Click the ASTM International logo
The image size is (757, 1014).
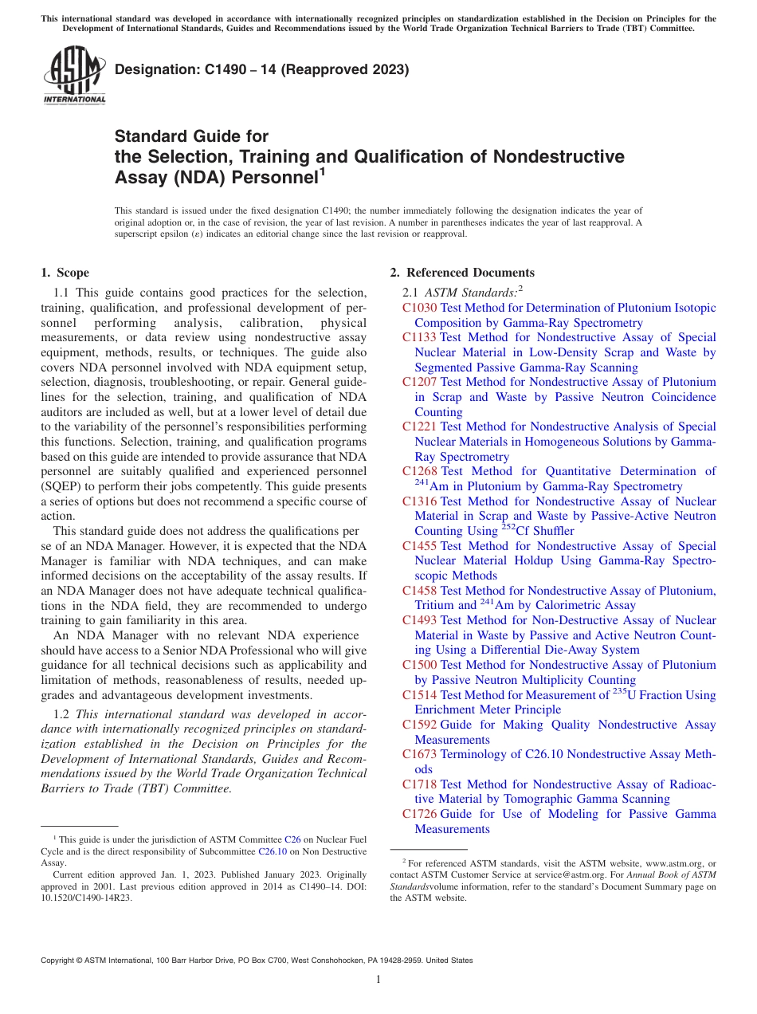point(74,75)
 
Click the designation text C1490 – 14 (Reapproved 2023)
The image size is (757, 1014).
point(261,69)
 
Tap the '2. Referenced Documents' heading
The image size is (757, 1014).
point(461,273)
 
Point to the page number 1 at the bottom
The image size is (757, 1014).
point(378,980)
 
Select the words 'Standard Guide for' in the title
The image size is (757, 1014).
point(191,136)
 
